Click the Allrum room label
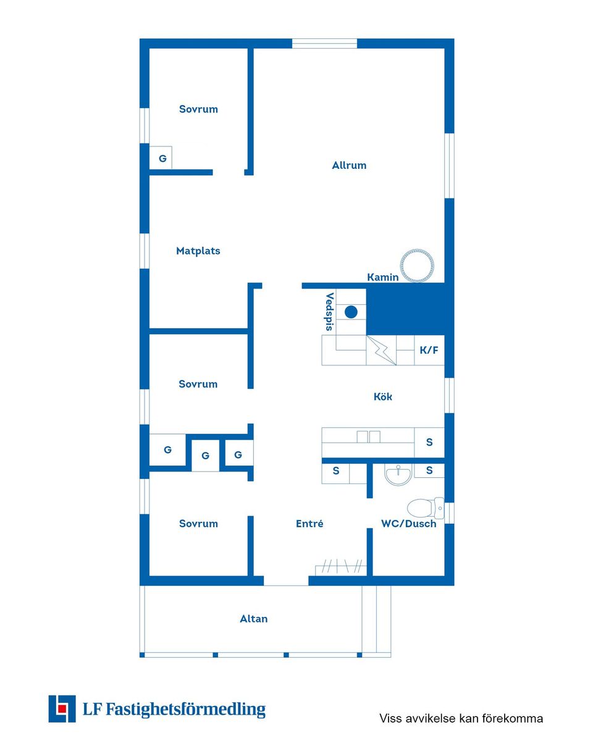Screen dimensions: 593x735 click(x=349, y=165)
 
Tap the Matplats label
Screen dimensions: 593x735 click(x=198, y=251)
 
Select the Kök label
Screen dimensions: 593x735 click(x=383, y=397)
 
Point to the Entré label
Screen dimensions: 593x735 click(x=309, y=524)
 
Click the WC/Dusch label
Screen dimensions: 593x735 click(x=408, y=524)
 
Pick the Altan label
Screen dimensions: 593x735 click(x=253, y=619)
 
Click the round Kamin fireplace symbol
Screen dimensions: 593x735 click(x=416, y=266)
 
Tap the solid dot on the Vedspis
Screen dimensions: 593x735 click(x=351, y=312)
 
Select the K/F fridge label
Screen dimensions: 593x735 click(x=429, y=350)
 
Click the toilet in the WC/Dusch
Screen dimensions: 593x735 click(x=425, y=508)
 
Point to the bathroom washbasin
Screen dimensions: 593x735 click(x=398, y=474)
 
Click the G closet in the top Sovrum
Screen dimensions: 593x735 click(x=161, y=158)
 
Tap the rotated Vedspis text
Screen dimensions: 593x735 click(x=330, y=312)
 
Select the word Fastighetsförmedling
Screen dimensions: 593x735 click(x=185, y=710)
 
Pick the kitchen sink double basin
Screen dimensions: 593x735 click(x=368, y=437)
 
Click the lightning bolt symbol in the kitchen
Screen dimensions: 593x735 click(x=381, y=350)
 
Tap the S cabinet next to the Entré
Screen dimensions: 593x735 click(x=335, y=473)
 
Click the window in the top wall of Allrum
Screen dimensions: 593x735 click(x=324, y=44)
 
